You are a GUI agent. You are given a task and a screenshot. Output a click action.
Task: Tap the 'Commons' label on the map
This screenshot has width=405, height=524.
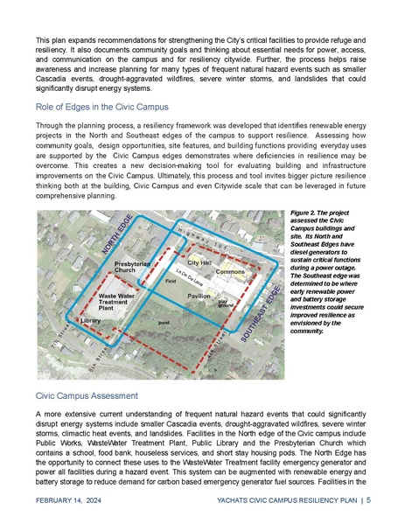(x=229, y=272)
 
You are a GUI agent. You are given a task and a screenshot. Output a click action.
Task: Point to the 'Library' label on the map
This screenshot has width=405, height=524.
(x=92, y=321)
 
